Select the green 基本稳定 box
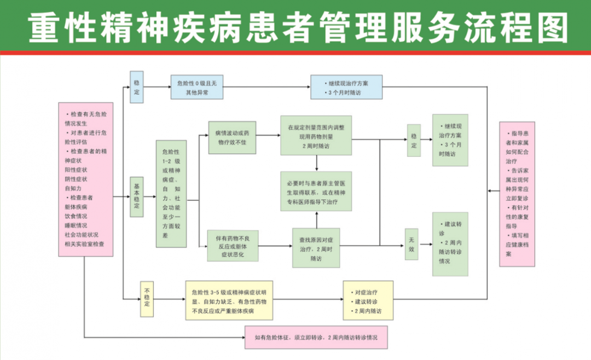(137, 198)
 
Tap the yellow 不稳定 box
(147, 299)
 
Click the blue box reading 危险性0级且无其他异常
(197, 87)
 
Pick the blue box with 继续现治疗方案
(346, 87)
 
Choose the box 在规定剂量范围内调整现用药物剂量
(316, 135)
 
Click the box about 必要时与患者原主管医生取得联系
(316, 191)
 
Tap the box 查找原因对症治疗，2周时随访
(316, 248)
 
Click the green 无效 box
(412, 244)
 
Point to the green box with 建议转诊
(450, 243)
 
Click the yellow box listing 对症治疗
(368, 300)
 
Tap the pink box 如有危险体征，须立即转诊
(316, 337)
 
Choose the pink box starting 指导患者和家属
(517, 194)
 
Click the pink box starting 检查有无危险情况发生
(86, 179)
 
